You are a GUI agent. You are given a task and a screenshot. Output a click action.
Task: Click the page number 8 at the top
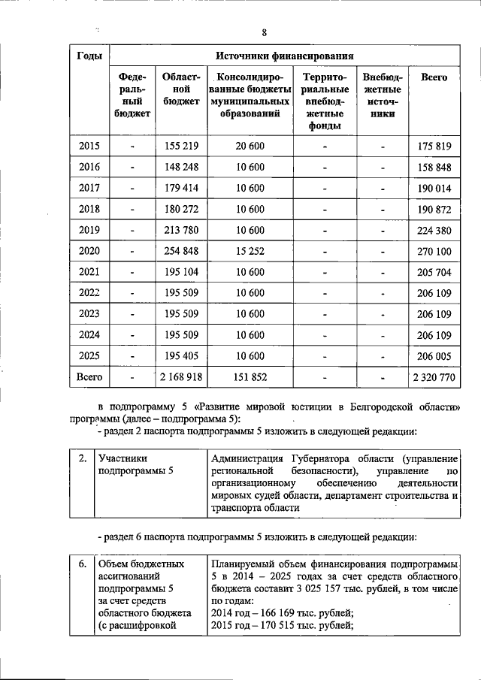(264, 32)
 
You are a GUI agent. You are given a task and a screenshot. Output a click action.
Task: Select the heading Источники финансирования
(285, 56)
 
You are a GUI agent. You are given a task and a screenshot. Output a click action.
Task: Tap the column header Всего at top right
(434, 77)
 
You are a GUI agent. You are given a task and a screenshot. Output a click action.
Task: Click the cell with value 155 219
(180, 147)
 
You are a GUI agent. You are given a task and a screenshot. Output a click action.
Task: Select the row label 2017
(89, 188)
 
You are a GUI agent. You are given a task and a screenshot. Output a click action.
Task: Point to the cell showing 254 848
(180, 250)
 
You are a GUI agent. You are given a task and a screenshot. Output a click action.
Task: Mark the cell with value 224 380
(434, 230)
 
